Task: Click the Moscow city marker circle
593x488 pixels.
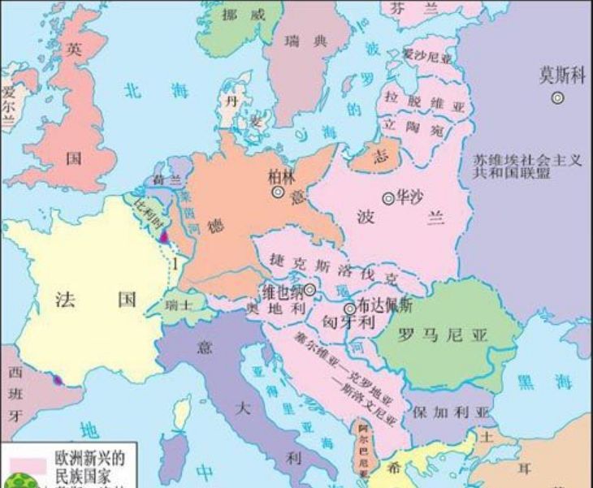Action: (x=557, y=97)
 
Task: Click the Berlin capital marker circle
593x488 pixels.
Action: (x=278, y=192)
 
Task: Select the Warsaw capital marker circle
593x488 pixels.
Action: (x=388, y=197)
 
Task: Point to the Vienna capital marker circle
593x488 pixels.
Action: (x=309, y=289)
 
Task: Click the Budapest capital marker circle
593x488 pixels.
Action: (x=349, y=309)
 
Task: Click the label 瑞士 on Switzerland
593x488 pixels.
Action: (x=180, y=306)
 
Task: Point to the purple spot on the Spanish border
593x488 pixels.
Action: (x=57, y=379)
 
